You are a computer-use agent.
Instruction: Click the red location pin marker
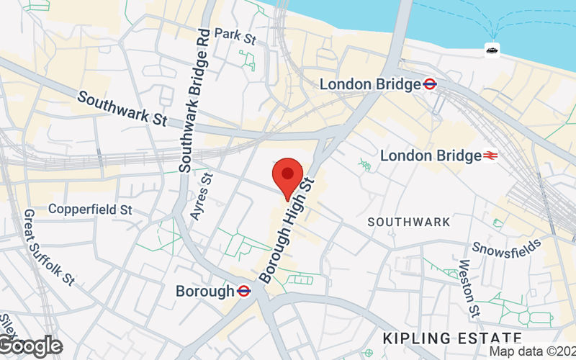[x=288, y=176]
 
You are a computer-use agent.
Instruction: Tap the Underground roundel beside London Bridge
[x=431, y=84]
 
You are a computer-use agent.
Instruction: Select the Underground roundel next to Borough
[x=244, y=291]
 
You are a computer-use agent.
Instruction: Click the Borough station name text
[x=205, y=291]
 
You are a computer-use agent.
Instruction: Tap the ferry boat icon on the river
[x=493, y=49]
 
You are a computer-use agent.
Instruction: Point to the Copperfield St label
[x=90, y=210]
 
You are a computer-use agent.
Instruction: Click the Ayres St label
[x=202, y=197]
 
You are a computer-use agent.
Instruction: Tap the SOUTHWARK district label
[x=409, y=222]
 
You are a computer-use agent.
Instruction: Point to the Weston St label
[x=469, y=289]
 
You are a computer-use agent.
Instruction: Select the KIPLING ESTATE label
[x=451, y=338]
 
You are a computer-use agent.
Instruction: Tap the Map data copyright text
[x=532, y=351]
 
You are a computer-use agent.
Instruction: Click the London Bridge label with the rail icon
[x=431, y=156]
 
